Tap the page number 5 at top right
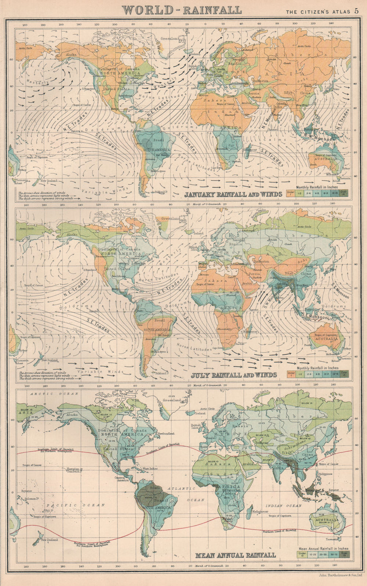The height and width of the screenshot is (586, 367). point(356,11)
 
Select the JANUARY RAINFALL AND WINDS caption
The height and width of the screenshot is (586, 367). point(233,194)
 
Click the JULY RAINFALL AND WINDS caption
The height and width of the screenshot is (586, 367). point(234,375)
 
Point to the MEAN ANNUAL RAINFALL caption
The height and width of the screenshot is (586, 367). point(235,554)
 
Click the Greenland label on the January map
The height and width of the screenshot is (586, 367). point(170,39)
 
